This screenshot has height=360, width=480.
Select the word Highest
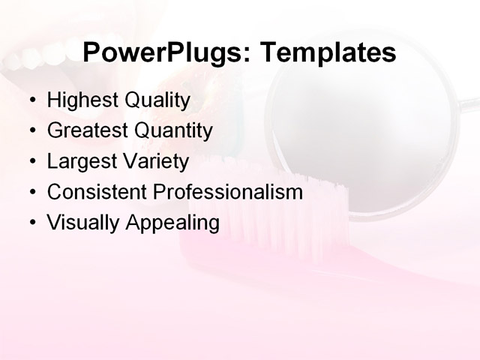coord(79,100)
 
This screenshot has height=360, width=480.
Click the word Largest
coord(77,161)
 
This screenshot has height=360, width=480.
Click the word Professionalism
coord(228,192)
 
